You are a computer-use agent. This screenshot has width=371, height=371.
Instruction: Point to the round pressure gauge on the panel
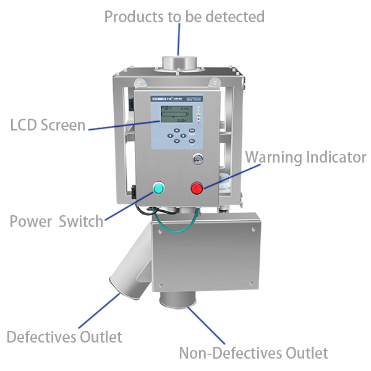197,158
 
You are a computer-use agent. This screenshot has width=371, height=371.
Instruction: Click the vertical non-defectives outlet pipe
177,301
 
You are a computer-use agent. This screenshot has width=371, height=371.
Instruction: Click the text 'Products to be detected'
184,16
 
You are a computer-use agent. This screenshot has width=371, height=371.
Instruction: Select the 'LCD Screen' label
48,125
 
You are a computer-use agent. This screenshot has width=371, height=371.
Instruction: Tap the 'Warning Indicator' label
306,157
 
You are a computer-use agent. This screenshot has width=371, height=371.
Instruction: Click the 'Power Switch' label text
56,221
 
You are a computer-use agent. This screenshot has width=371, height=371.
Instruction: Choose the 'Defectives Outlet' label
64,337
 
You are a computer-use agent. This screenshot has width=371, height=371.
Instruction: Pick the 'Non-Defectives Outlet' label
253,353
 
